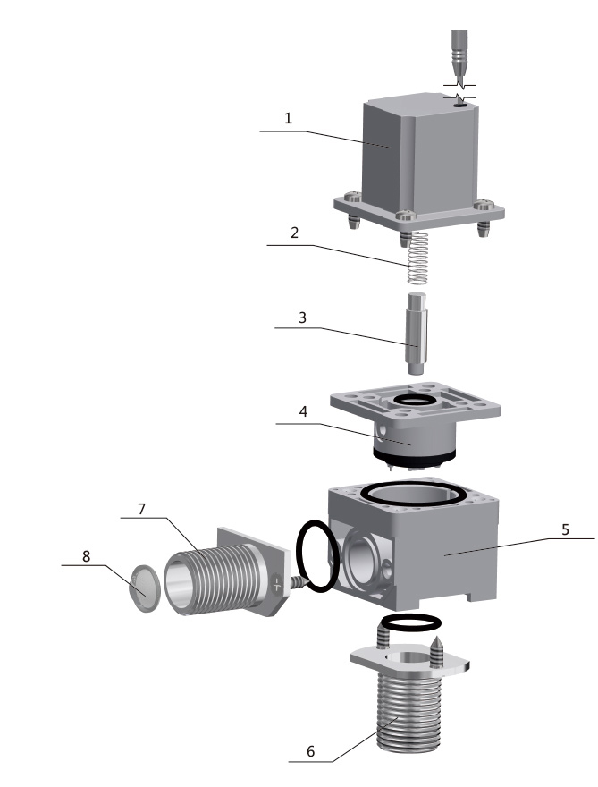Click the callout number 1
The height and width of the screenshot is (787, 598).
tap(288, 118)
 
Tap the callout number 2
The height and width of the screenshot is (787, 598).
tap(294, 233)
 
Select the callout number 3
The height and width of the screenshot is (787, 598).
tap(302, 317)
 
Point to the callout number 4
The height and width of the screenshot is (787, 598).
tap(303, 411)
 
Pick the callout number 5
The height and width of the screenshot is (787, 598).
tap(566, 529)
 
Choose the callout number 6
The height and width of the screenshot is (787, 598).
tap(310, 751)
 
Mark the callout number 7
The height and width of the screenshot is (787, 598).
tap(141, 509)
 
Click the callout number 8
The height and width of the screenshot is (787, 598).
tap(87, 556)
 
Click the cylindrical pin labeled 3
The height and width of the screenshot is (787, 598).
tap(417, 334)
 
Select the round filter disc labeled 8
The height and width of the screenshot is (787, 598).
tap(146, 588)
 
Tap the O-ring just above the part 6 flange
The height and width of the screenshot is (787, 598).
tap(412, 622)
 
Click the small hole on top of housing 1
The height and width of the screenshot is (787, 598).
tap(460, 106)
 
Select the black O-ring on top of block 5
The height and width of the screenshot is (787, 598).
tap(416, 494)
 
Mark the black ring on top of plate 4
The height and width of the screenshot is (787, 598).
tap(415, 400)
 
